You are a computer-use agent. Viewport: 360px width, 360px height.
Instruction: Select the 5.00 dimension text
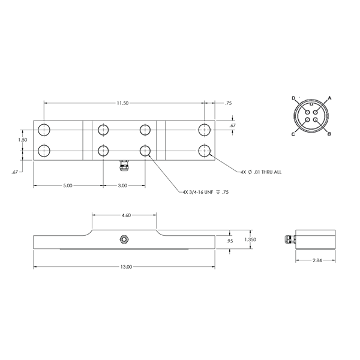(x=67, y=185)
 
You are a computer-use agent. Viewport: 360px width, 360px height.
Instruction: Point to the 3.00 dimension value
(x=122, y=185)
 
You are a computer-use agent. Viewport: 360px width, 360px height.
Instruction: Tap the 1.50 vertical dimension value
(x=23, y=139)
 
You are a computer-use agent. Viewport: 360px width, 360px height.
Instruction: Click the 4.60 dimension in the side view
(x=127, y=214)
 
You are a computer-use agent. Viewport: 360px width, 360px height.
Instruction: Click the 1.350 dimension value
(x=251, y=239)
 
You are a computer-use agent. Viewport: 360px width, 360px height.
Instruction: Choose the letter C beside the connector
(x=293, y=134)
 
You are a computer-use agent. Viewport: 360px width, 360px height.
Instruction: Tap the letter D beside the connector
(x=293, y=97)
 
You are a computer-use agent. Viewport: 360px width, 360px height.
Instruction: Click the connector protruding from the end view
(x=288, y=239)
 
